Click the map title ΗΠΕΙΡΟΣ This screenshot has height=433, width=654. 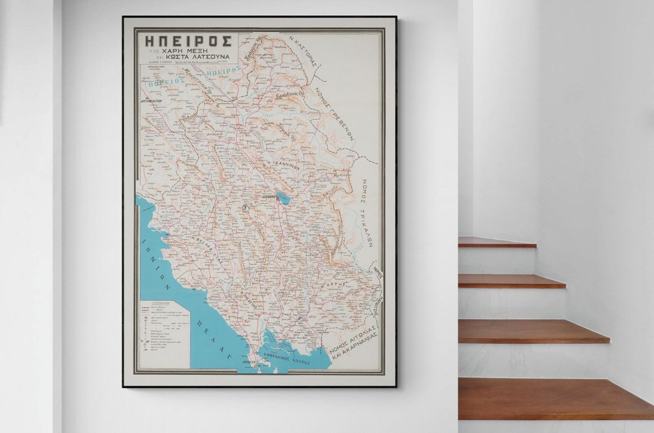click(x=188, y=42)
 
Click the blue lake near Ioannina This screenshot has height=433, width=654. click(x=283, y=197)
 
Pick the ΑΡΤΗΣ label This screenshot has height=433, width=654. click(x=339, y=283)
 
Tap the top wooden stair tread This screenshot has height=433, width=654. click(x=497, y=242)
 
